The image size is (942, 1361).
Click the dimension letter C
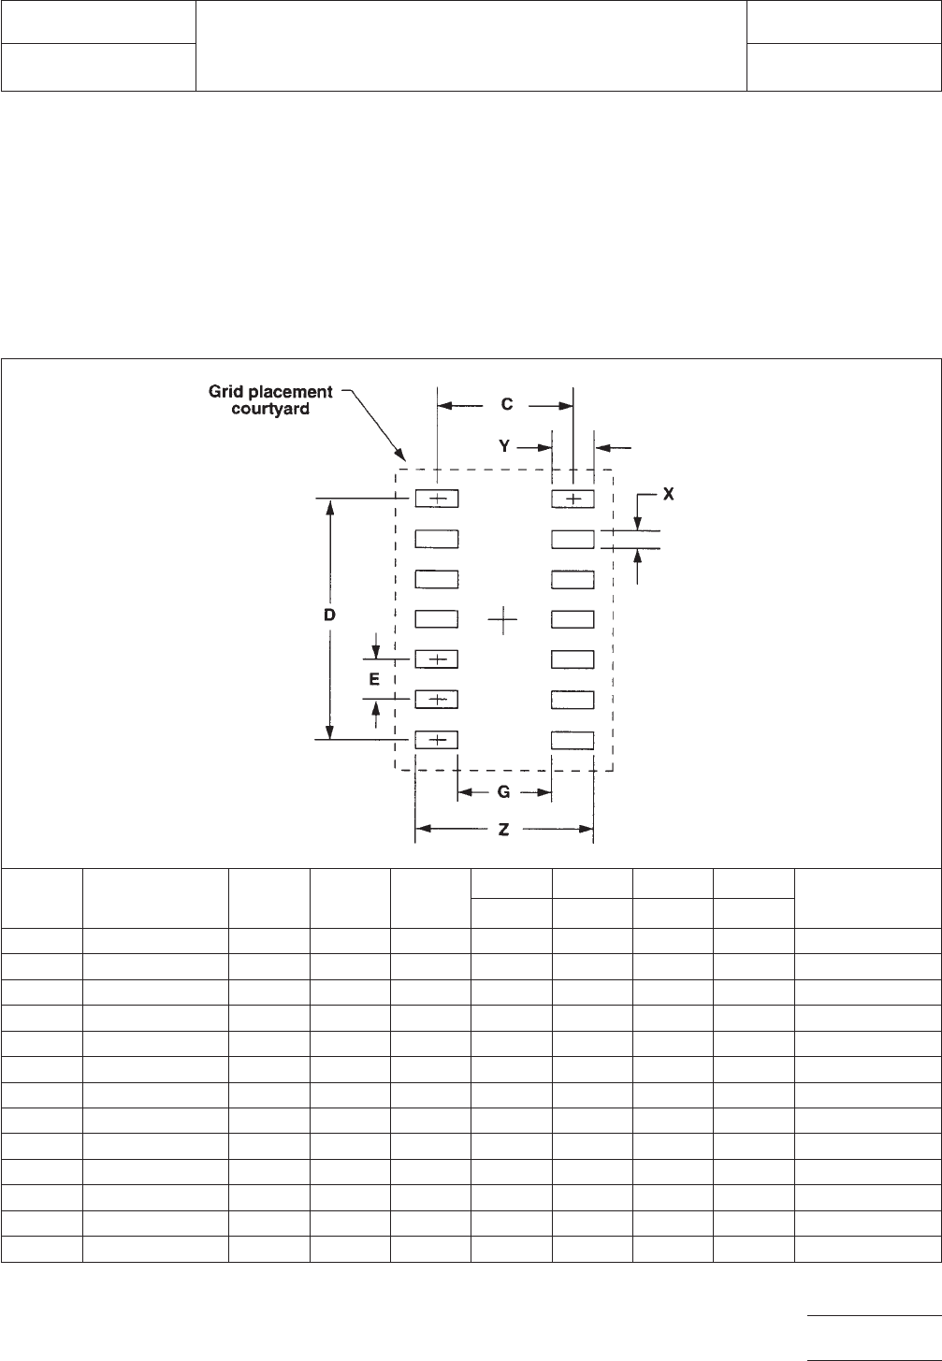506,405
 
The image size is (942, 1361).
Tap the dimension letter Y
504,447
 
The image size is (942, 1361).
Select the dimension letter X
668,496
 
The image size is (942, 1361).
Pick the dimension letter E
374,680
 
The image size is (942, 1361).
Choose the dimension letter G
503,792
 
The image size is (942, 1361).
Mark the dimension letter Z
503,830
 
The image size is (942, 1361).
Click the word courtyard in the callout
270,410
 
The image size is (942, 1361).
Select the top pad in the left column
437,499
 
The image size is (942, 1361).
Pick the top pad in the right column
572,499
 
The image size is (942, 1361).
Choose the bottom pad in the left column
437,740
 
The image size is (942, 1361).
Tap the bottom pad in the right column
572,740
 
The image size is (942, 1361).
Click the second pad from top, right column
572,539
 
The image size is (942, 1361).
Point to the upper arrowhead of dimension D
329,506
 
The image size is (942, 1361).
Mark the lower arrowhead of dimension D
329,733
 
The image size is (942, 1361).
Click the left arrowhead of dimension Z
422,829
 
